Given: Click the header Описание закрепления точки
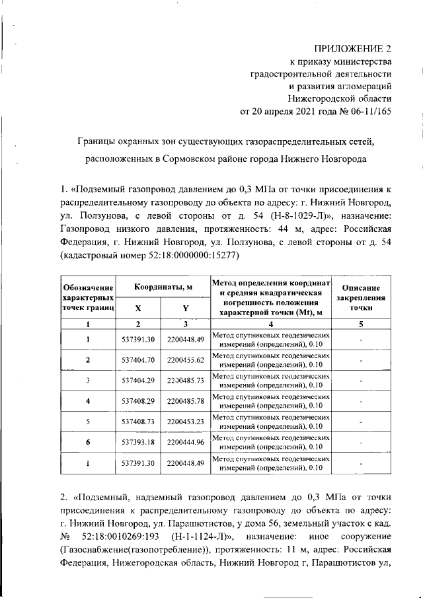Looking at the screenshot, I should coord(360,297).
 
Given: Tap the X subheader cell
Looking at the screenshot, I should coord(138,308).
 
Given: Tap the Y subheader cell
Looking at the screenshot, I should coord(186,308).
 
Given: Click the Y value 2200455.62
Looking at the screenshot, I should coord(186,360).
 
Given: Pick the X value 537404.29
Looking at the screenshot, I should coord(138,381).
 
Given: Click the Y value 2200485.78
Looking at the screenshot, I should coord(186,401).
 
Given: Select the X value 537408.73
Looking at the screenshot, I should coord(138,422).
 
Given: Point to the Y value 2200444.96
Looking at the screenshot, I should coord(186,442).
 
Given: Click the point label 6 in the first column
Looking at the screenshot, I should coord(88,442).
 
